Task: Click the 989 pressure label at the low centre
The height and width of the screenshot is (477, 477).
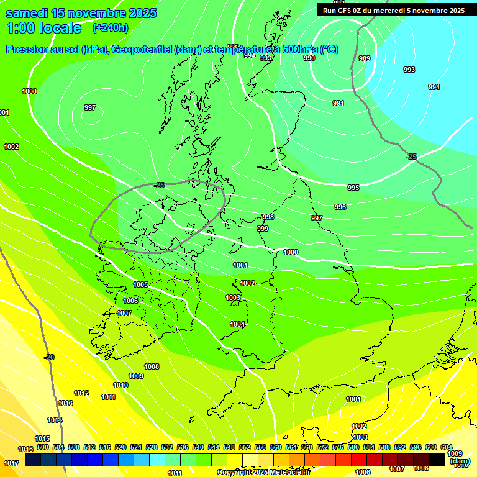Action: click(365, 58)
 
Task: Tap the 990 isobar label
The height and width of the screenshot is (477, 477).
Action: click(309, 58)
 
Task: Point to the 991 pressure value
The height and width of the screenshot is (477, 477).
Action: click(338, 103)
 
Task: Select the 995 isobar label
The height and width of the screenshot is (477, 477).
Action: click(353, 188)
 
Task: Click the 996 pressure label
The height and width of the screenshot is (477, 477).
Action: click(340, 207)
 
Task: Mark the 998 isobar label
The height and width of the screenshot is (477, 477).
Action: click(268, 217)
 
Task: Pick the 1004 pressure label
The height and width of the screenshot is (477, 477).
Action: click(237, 324)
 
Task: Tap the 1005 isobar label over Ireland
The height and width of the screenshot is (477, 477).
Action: click(140, 284)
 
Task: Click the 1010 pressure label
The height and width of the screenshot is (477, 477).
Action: click(120, 385)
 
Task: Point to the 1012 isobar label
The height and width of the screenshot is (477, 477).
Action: click(81, 393)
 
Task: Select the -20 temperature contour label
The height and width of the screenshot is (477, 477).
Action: click(49, 357)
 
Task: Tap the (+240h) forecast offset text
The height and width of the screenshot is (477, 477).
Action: click(110, 27)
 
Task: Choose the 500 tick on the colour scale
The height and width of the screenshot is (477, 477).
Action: click(42, 447)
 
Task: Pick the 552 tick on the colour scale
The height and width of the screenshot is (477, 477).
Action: click(245, 447)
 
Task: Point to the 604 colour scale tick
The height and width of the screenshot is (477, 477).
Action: click(446, 447)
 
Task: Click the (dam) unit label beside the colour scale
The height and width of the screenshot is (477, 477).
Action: click(460, 461)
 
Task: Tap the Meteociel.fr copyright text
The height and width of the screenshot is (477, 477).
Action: click(263, 473)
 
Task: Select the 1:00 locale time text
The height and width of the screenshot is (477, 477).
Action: click(43, 28)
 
